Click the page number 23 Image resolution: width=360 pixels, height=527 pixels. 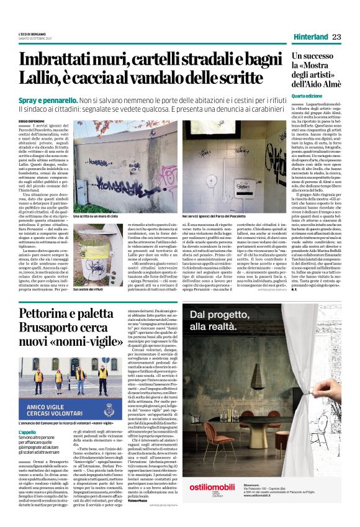pos(336,37)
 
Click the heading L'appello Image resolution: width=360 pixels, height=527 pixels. pos(29,431)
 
